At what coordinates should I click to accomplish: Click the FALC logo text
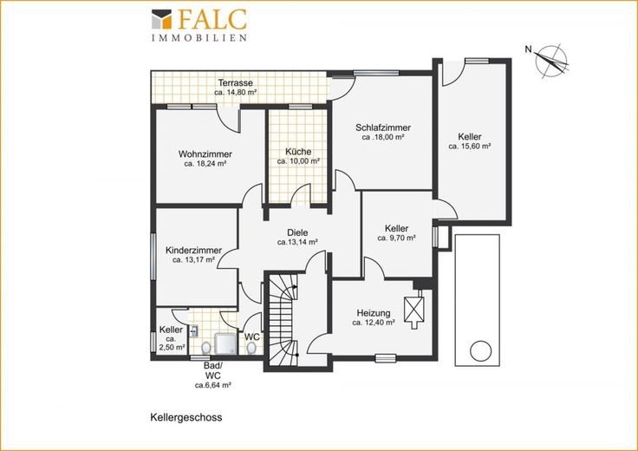pos(212,20)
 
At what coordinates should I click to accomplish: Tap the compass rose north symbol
pos(551,61)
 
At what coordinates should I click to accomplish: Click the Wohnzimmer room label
pos(205,154)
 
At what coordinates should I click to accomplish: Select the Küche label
pos(298,152)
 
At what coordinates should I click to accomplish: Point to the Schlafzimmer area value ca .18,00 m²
pos(383,137)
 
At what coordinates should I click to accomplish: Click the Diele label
pos(297,232)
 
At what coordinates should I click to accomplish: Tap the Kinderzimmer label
pos(193,251)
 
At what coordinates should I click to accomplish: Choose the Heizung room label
pos(374,313)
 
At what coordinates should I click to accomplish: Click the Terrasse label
pos(235,82)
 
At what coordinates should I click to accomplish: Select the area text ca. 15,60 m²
pos(470,146)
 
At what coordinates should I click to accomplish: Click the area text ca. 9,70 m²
pos(396,239)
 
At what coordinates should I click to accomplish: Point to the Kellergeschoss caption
pos(186,418)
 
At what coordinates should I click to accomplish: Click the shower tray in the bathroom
pos(225,344)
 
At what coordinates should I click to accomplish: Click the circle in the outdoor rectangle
pos(480,350)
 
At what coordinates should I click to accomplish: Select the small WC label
pos(252,337)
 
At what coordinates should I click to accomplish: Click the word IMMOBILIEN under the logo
pos(199,38)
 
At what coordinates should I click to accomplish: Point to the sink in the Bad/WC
pos(193,331)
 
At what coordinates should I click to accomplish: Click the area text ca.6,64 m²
pos(212,385)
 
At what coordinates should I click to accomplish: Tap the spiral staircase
pos(282,320)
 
